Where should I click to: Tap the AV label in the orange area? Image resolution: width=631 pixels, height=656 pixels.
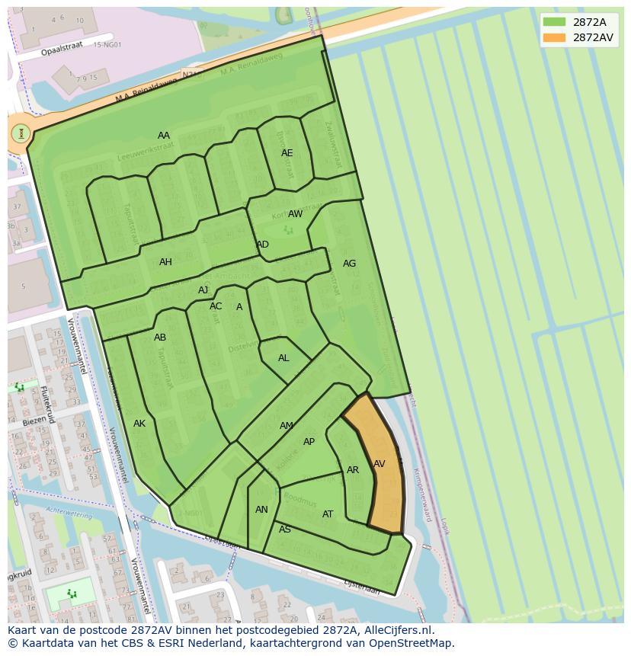pyautogui.click(x=379, y=464)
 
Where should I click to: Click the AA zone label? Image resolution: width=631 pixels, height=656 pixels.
pyautogui.click(x=164, y=136)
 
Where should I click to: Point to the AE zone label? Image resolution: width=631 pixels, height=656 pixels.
pyautogui.click(x=287, y=153)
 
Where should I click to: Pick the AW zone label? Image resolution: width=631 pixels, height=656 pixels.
pyautogui.click(x=295, y=214)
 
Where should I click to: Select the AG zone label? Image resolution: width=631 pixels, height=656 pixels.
pyautogui.click(x=349, y=264)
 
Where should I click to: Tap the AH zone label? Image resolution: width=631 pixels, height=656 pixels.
pyautogui.click(x=165, y=262)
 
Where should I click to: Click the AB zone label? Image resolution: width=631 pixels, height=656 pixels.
pyautogui.click(x=160, y=338)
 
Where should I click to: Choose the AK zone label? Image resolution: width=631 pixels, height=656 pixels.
pyautogui.click(x=139, y=424)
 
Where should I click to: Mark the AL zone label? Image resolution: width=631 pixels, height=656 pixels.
pyautogui.click(x=283, y=358)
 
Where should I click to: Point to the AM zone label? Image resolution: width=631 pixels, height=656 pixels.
pyautogui.click(x=287, y=426)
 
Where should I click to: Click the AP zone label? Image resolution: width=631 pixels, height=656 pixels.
pyautogui.click(x=309, y=442)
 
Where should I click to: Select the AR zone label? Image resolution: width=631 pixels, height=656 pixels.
pyautogui.click(x=353, y=470)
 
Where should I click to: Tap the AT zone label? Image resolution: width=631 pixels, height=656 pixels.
pyautogui.click(x=328, y=514)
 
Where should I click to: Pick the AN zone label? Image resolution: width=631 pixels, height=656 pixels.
pyautogui.click(x=261, y=510)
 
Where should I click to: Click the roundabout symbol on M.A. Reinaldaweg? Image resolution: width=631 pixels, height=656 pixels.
pyautogui.click(x=21, y=134)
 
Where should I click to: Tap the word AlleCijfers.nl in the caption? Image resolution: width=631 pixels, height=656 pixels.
pyautogui.click(x=397, y=630)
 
